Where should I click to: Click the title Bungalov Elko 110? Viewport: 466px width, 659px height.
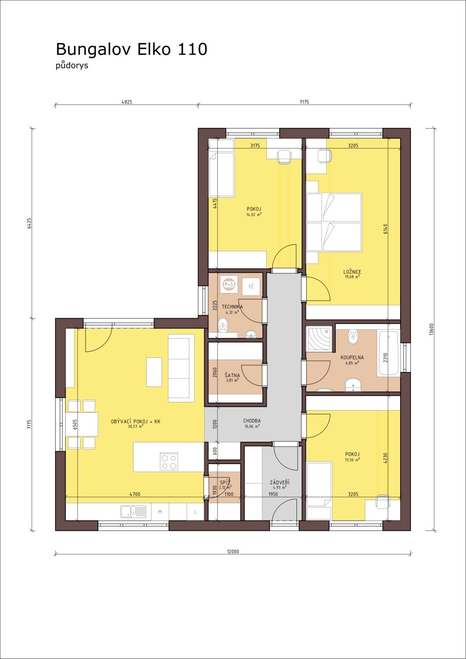click(132, 49)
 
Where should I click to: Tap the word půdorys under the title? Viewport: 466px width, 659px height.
click(72, 66)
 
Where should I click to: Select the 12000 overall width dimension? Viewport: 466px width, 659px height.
click(233, 551)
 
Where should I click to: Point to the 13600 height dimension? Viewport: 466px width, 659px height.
click(432, 329)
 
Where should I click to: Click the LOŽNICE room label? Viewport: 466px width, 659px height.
click(352, 272)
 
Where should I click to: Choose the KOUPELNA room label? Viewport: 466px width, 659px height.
click(352, 357)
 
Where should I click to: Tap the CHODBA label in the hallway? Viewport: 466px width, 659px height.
click(252, 421)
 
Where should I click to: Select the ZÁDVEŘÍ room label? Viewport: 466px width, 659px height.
click(280, 482)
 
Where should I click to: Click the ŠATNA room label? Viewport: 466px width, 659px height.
click(232, 375)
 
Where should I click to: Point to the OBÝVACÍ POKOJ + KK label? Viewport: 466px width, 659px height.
click(136, 421)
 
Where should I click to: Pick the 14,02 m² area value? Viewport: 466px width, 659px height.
click(254, 214)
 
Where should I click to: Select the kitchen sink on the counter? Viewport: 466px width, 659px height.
click(134, 511)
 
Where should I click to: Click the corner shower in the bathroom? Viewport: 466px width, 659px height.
click(319, 339)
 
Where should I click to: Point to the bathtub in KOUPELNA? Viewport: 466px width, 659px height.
click(388, 353)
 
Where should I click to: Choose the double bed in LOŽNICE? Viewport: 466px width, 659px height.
click(334, 222)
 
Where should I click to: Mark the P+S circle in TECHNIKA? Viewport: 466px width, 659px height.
click(229, 284)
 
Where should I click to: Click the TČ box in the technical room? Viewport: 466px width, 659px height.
click(251, 286)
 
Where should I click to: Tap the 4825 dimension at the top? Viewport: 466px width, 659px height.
click(127, 102)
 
